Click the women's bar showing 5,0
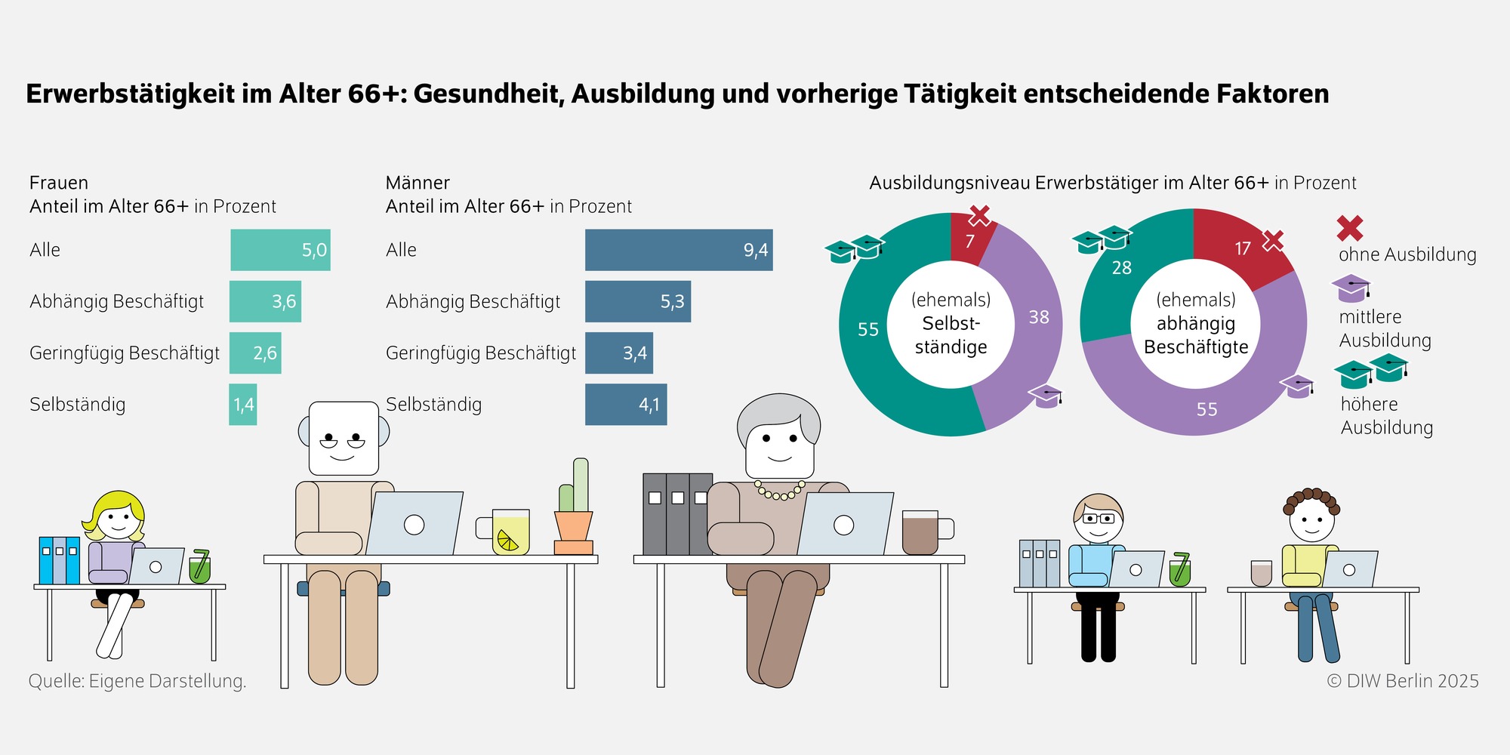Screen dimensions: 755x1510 pos(280,250)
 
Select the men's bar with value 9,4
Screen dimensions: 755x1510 pos(678,250)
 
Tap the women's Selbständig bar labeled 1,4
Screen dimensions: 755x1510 pos(243,405)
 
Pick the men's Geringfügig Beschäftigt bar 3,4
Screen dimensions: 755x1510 pos(618,353)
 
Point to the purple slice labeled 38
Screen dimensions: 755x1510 pos(1034,325)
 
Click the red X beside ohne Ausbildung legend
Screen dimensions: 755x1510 pos(1350,228)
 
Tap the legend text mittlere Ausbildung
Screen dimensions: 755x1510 pos(1385,328)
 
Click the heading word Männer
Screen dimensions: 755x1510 pos(418,183)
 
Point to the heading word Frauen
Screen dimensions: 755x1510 pos(59,183)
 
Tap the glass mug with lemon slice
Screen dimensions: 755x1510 pos(510,532)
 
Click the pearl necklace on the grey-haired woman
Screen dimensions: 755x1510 pos(781,492)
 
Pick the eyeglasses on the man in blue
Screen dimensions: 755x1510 pos(1099,519)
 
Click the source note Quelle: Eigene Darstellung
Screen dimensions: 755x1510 pos(137,681)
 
